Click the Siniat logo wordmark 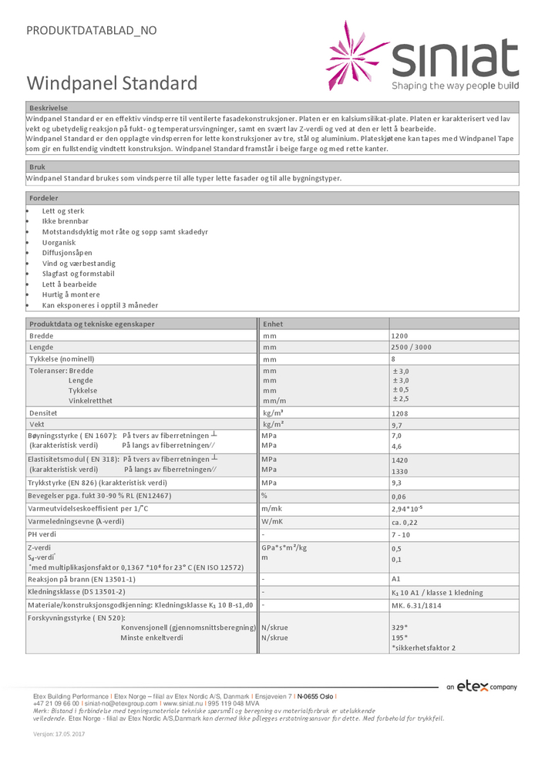coord(455,59)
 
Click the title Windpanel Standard coord(113,83)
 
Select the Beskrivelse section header coord(49,109)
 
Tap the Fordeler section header coord(44,198)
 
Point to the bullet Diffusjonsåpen coord(67,253)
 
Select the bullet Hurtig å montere coord(71,295)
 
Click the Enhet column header coord(274,324)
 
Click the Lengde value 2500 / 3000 coord(412,348)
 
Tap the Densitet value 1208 coord(399,414)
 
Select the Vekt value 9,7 coord(398,425)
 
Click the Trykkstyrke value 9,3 coord(398,483)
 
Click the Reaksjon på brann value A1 coord(396,579)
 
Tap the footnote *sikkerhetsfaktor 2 coord(423,648)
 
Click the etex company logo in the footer coord(482,686)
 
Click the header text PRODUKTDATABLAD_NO coord(92,31)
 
